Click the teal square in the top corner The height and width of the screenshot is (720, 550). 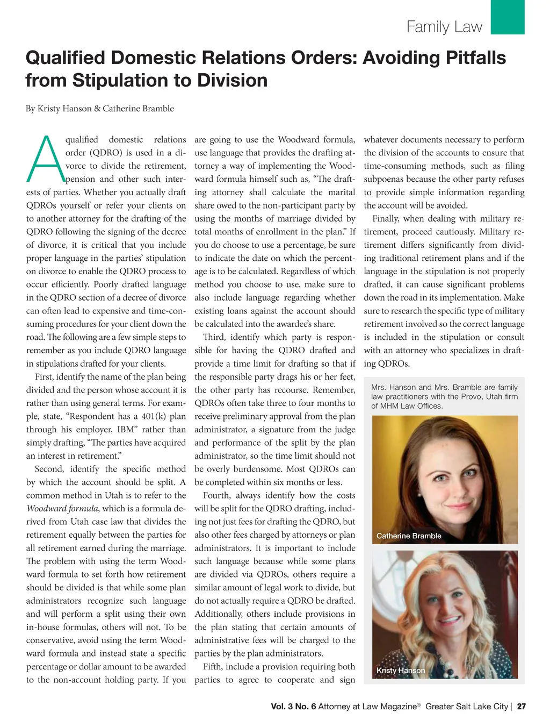click(508, 17)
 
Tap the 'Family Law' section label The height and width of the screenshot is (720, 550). click(444, 27)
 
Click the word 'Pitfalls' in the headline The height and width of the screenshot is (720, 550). click(473, 58)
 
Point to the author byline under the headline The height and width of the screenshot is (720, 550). click(100, 109)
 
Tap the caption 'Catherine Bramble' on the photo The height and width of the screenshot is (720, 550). click(409, 536)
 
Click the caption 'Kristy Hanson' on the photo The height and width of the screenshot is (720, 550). click(401, 670)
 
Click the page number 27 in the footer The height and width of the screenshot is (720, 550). click(521, 707)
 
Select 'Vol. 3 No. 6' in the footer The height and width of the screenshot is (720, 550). click(293, 707)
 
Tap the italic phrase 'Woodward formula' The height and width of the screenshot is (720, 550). click(62, 509)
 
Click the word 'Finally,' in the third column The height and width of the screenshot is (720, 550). click(386, 219)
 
